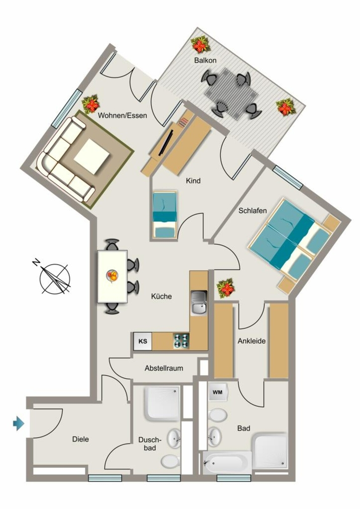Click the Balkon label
[x=205, y=60]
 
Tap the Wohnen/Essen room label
[x=122, y=115]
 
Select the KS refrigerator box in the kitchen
[x=143, y=341]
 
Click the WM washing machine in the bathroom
[x=217, y=392]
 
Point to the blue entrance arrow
[x=18, y=424]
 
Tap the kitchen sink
[x=199, y=303]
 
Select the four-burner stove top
[x=181, y=341]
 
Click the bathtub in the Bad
[x=227, y=463]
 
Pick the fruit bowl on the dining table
[x=112, y=276]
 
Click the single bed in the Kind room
[x=165, y=215]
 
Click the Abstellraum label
[x=164, y=368]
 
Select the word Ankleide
[x=252, y=341]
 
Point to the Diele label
[x=81, y=439]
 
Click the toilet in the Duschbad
[x=170, y=461]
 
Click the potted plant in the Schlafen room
[x=226, y=288]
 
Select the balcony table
[x=231, y=93]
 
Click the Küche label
[x=161, y=296]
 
